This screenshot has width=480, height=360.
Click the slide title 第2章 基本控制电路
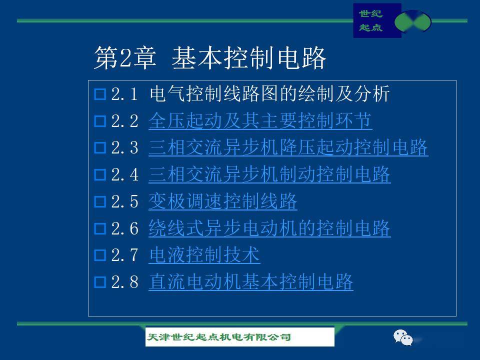point(209,58)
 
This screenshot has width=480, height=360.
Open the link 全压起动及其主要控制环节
point(260,120)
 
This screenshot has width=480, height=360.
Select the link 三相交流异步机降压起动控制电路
point(288,147)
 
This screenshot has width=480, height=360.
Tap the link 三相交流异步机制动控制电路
point(269,174)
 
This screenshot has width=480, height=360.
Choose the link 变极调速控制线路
point(223,201)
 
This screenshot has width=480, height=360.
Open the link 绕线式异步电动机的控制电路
point(269,228)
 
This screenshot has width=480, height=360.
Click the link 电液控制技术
point(204,254)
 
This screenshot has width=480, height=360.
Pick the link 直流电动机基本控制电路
point(250,281)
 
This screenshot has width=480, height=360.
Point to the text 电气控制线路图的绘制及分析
point(269,93)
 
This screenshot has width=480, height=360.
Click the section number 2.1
point(124,94)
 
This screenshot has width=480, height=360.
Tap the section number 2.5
point(124,201)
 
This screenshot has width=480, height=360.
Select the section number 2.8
point(124,282)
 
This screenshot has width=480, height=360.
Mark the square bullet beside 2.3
point(100,148)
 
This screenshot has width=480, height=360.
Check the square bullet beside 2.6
point(100,228)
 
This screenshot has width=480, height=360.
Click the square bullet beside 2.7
point(100,255)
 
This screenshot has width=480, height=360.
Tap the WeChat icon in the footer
point(403,337)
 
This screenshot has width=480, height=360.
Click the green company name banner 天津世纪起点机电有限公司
point(239,337)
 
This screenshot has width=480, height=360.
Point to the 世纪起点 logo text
point(370,20)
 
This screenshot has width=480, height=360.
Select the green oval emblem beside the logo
point(412,21)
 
